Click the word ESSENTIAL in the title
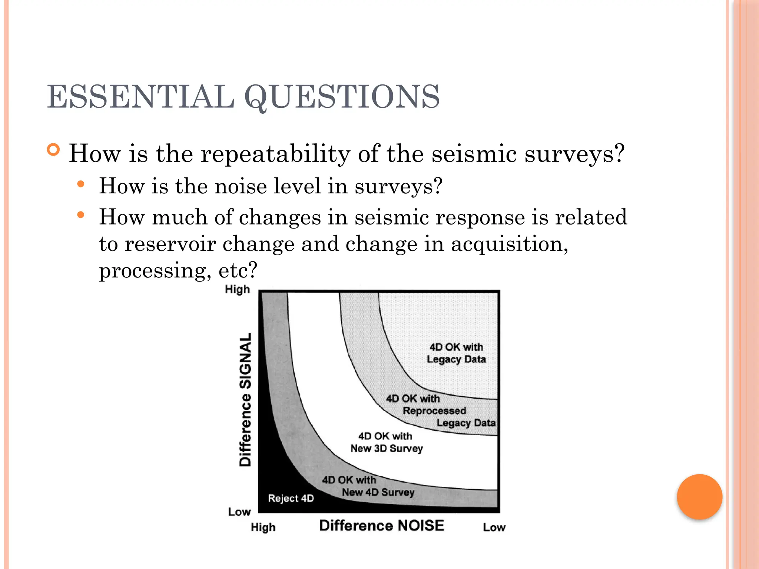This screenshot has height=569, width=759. click(141, 97)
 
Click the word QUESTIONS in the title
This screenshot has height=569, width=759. click(342, 97)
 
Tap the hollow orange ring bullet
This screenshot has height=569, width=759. click(53, 150)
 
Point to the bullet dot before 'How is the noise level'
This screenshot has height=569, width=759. click(81, 184)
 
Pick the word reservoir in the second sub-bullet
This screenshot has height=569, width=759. click(170, 244)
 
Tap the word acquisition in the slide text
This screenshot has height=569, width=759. click(509, 244)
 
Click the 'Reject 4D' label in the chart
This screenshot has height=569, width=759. click(291, 498)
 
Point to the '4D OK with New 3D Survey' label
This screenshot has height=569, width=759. click(386, 442)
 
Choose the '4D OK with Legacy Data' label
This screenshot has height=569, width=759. click(456, 353)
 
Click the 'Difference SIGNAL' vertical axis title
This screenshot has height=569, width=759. click(245, 399)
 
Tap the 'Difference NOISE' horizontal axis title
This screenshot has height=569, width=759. click(382, 526)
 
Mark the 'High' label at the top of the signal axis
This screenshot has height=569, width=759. click(237, 289)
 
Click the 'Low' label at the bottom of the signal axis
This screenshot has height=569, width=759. click(239, 512)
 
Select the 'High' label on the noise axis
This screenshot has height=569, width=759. click(263, 527)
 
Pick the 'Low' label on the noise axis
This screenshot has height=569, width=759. click(494, 527)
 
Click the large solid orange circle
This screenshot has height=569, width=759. click(699, 497)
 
